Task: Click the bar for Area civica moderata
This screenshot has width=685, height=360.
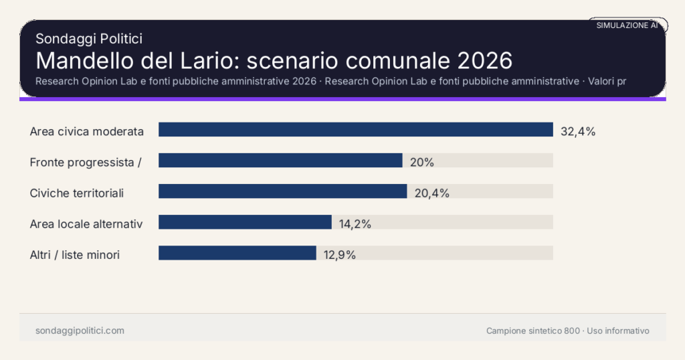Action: pos(355,130)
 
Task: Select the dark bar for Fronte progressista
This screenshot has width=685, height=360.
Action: pos(280,161)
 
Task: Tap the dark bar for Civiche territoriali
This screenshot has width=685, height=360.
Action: pos(282,191)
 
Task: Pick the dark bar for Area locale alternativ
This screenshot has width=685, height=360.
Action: pos(245,222)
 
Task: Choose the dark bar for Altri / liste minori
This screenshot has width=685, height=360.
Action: pos(237,253)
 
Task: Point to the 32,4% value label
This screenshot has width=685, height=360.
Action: pos(578,132)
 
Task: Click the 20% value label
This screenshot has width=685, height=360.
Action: pos(422,163)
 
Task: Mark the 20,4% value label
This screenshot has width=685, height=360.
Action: pos(432,193)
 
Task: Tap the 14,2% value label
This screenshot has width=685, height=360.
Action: pos(355,224)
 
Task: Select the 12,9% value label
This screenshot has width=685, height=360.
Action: pos(339,255)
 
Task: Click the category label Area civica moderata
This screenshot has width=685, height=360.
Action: pos(87,132)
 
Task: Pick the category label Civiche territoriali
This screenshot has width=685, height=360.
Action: pos(77,193)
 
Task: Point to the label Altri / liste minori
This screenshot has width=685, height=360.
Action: pos(75,255)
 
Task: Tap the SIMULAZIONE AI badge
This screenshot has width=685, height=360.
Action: pos(627,25)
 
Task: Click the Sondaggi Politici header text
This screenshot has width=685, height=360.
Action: pos(88,39)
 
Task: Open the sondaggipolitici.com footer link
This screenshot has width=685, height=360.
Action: pos(80,331)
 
